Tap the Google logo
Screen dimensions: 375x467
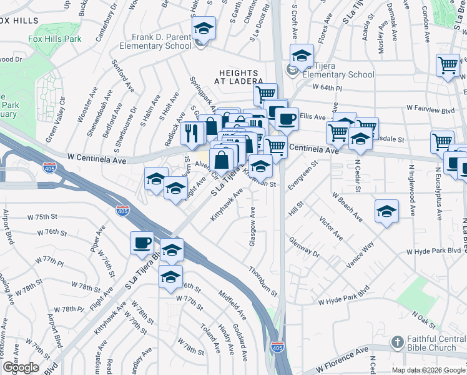21,367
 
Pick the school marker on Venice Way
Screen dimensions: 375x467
387,211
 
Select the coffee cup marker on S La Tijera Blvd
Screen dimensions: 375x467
142,242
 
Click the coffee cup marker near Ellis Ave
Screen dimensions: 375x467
287,117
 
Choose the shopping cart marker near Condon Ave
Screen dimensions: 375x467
448,64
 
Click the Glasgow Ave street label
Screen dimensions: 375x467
252,226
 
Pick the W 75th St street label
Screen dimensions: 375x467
42,216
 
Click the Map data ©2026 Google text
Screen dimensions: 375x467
428,370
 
